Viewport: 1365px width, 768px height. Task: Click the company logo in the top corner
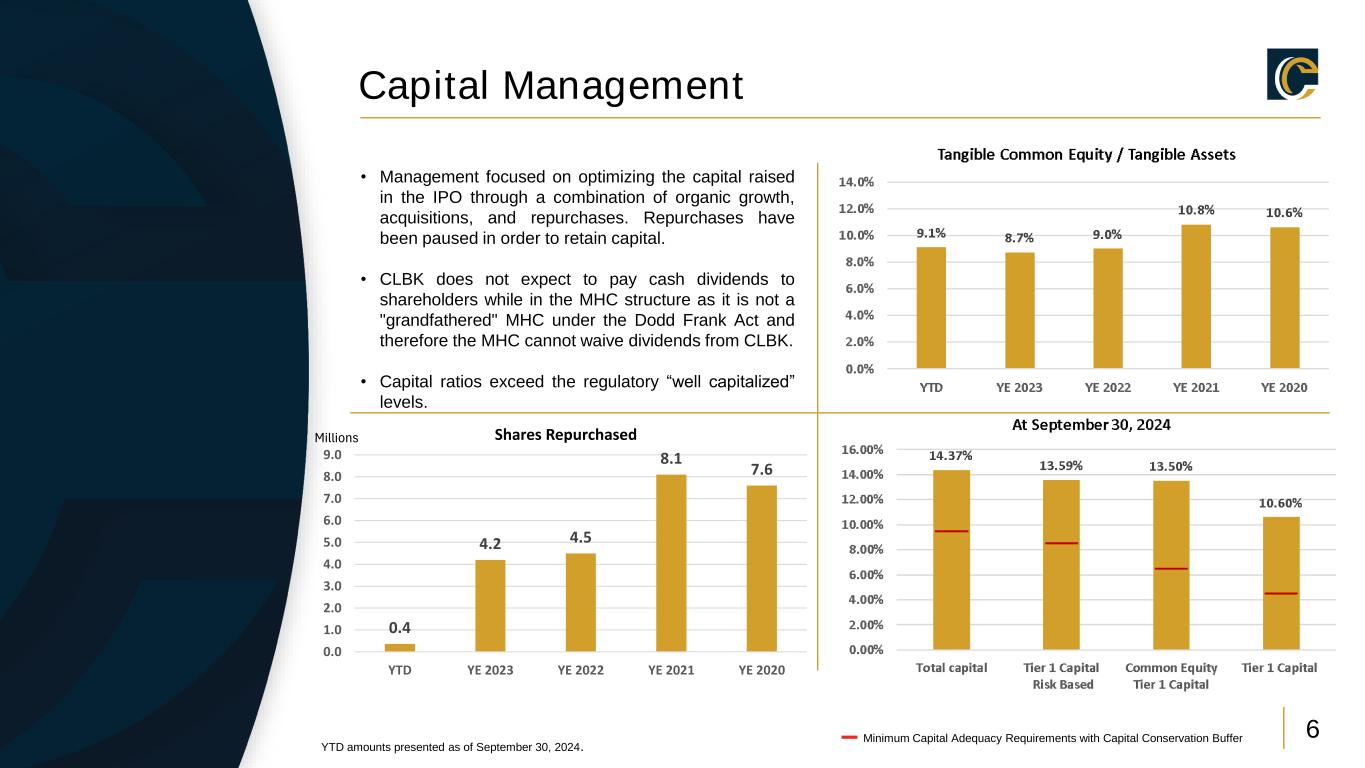click(1292, 74)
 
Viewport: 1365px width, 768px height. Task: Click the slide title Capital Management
click(551, 86)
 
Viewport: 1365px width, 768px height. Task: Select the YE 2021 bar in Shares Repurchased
click(671, 563)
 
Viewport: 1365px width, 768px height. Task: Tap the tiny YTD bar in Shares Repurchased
click(400, 647)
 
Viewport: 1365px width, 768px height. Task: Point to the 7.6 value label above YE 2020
click(762, 470)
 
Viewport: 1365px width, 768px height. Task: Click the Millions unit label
click(336, 438)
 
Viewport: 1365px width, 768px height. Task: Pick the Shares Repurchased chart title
click(565, 434)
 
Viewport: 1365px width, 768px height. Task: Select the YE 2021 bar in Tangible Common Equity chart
click(1196, 296)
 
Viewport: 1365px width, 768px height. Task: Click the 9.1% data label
click(932, 233)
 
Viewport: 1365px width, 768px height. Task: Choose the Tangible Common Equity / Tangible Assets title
click(1086, 154)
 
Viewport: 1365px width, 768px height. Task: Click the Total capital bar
click(952, 560)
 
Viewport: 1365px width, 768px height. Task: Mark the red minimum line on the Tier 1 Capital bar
click(1281, 593)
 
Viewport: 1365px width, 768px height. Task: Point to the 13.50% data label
click(1171, 466)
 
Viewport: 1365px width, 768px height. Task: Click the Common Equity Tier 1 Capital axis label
click(1171, 676)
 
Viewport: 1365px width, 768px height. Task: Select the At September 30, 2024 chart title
click(1091, 424)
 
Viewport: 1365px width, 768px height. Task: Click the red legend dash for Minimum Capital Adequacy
click(849, 738)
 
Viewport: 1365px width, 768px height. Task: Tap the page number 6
click(1313, 729)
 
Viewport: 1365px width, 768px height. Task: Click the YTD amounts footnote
click(451, 747)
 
